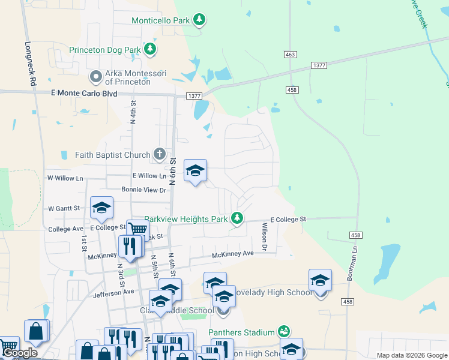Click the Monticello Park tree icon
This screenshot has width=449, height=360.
pyautogui.click(x=200, y=20)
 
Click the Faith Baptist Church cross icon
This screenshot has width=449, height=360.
pyautogui.click(x=159, y=155)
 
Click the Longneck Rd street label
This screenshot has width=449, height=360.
pyautogui.click(x=30, y=62)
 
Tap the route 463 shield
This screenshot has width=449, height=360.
pyautogui.click(x=291, y=55)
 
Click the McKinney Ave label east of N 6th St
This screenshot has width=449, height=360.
pyautogui.click(x=233, y=254)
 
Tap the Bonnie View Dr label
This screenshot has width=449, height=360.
pyautogui.click(x=143, y=190)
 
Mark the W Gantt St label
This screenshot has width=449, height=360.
pyautogui.click(x=64, y=209)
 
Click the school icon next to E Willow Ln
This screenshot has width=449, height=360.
pyautogui.click(x=195, y=171)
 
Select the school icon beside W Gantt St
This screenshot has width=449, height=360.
pyautogui.click(x=101, y=208)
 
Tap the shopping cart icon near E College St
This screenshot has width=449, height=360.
pyautogui.click(x=138, y=229)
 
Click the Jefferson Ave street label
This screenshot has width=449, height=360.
pyautogui.click(x=113, y=293)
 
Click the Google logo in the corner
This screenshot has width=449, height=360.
pyautogui.click(x=20, y=353)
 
